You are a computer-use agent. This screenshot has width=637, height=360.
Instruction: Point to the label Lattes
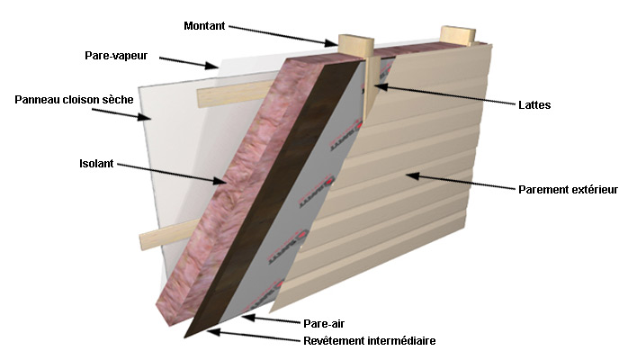(x=534, y=105)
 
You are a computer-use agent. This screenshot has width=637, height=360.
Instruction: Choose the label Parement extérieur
(x=568, y=190)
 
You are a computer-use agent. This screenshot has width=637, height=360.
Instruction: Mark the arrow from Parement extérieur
(x=459, y=183)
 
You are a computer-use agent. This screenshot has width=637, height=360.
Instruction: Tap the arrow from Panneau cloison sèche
(x=143, y=116)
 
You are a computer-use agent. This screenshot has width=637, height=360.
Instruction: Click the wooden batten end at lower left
(x=148, y=240)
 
